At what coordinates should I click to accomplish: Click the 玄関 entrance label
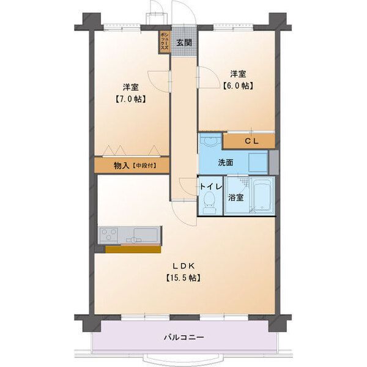[184, 42]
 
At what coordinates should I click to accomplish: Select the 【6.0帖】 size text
[238, 86]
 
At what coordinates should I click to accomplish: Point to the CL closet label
[251, 141]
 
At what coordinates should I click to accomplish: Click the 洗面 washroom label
[226, 163]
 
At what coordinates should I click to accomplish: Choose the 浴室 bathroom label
[237, 198]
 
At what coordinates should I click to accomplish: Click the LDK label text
[183, 265]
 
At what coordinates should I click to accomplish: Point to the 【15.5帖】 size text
[183, 278]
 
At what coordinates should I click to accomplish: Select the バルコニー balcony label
[183, 337]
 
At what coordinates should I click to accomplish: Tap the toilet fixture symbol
[210, 201]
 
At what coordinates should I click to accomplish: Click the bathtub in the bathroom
[261, 197]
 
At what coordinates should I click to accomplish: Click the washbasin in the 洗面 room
[210, 141]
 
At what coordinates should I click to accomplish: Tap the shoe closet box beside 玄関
[164, 42]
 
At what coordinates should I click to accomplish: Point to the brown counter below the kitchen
[132, 249]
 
